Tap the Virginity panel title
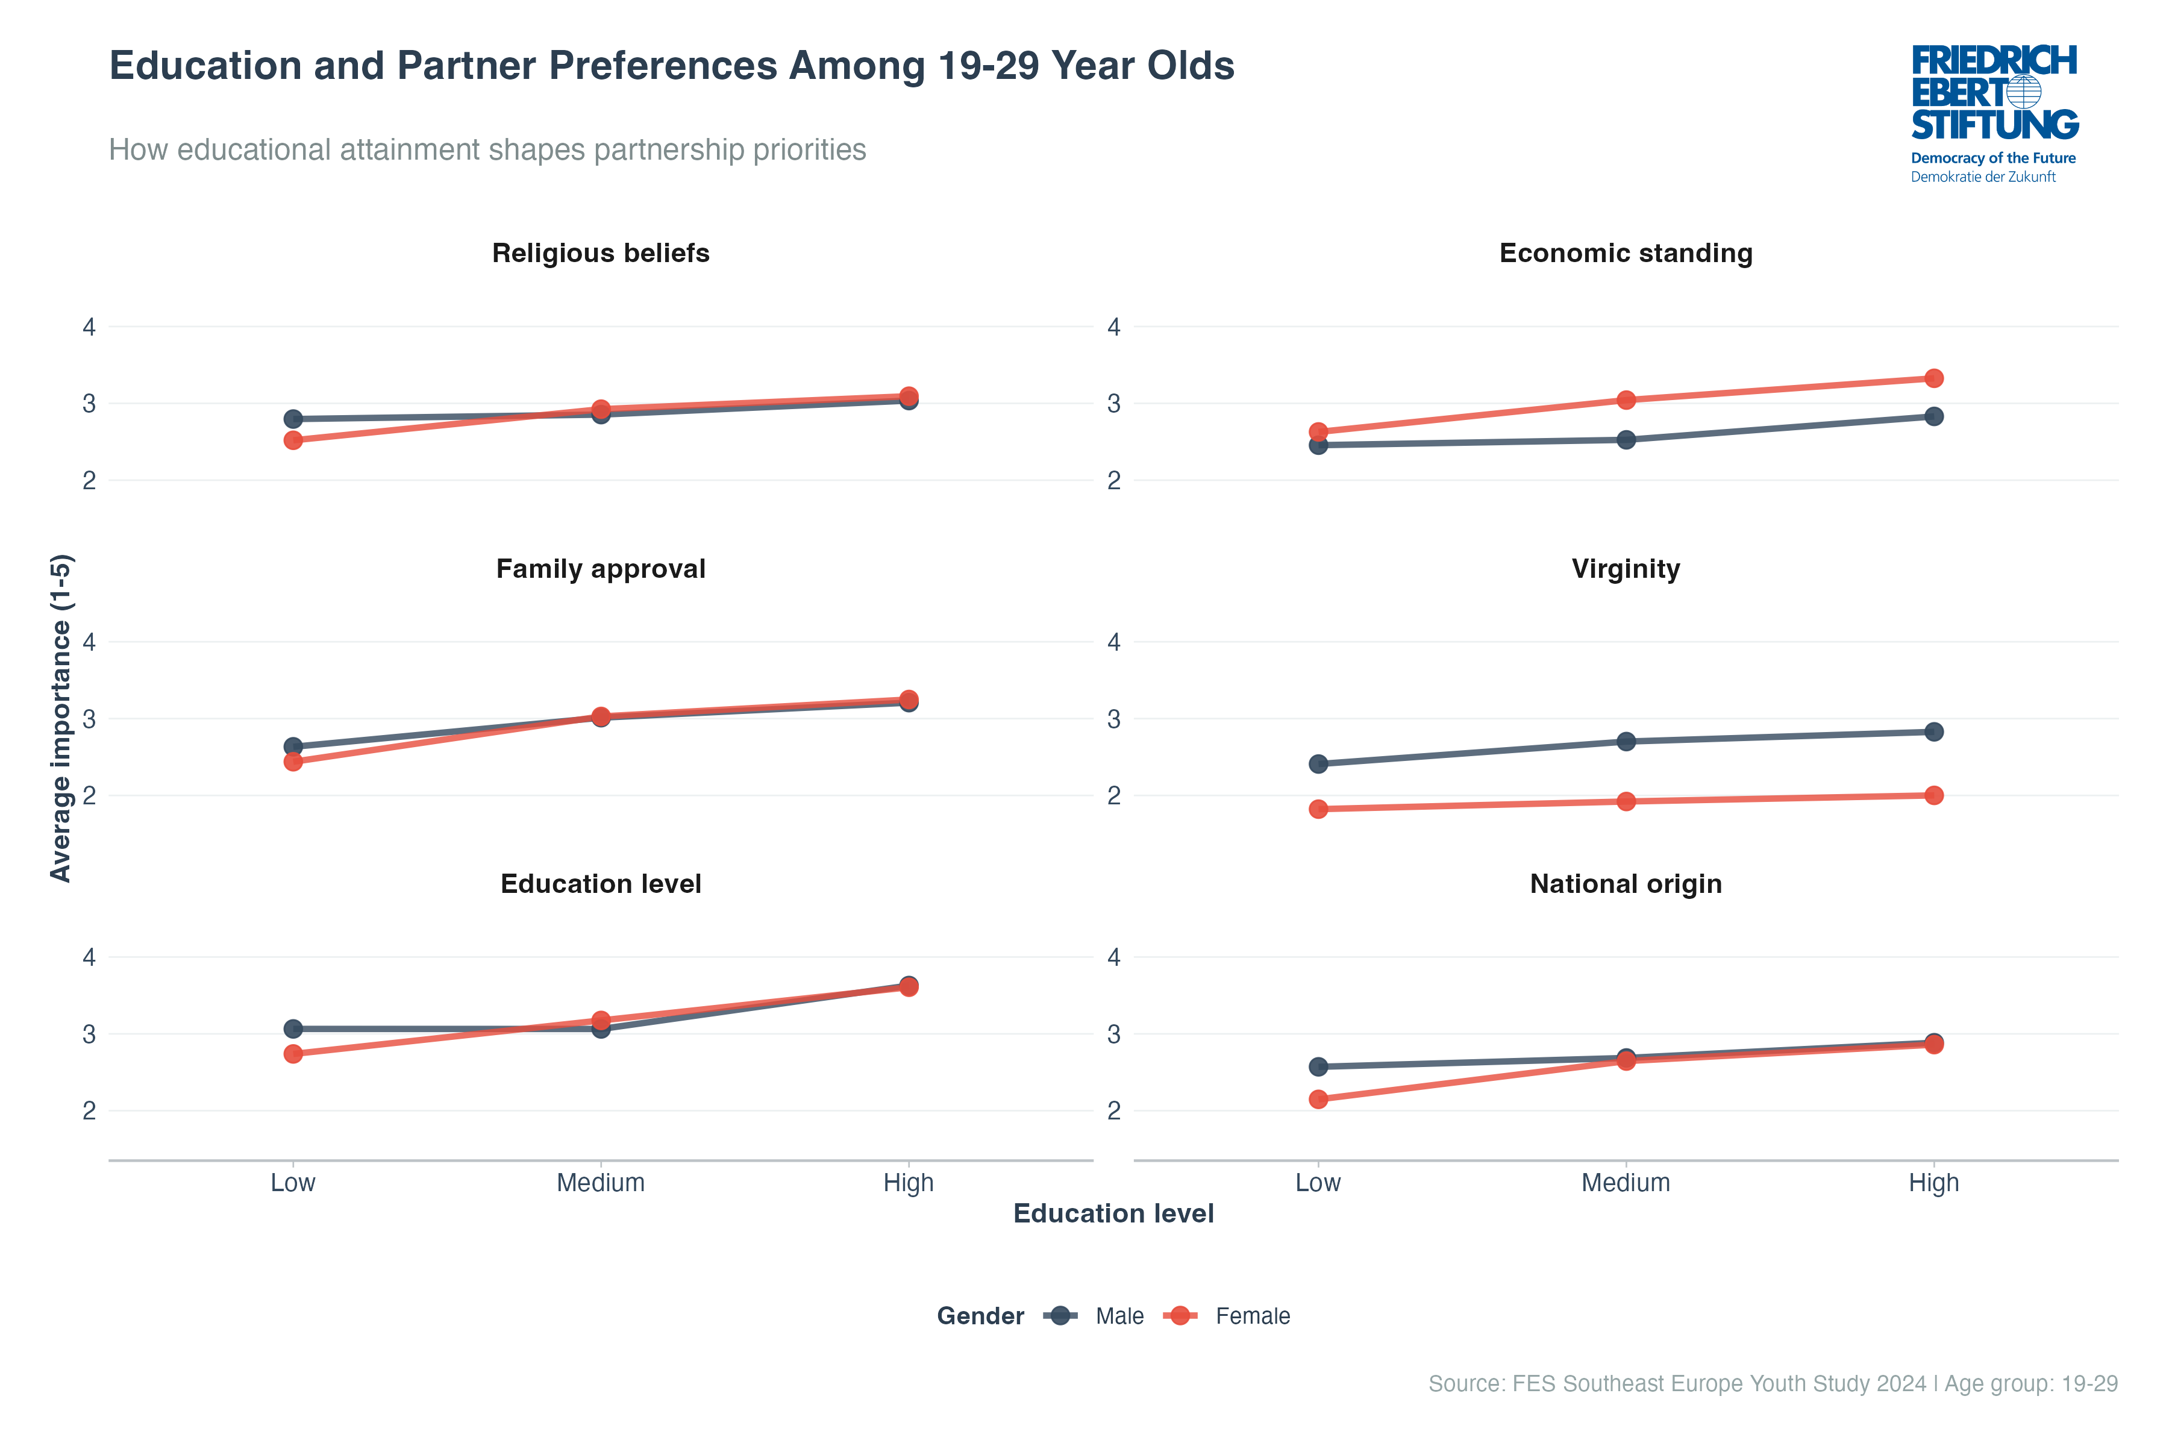[x=1626, y=568]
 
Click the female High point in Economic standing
[x=1934, y=378]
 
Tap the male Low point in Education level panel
[x=293, y=1028]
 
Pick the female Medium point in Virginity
[x=1626, y=801]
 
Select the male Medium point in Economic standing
[x=1626, y=440]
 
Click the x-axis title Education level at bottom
[x=1113, y=1213]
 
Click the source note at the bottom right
[x=1773, y=1383]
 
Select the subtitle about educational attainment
[x=487, y=149]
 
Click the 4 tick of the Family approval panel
[x=89, y=642]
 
